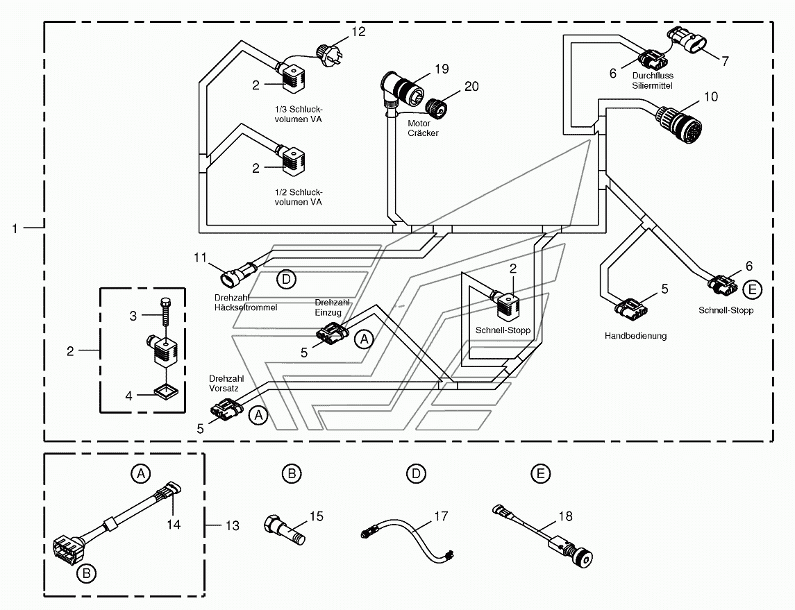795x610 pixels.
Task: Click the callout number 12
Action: [358, 32]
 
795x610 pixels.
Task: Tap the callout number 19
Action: [442, 69]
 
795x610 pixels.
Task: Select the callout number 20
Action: [471, 87]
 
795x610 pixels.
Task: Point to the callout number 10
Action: [711, 96]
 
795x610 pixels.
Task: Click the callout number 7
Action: [725, 61]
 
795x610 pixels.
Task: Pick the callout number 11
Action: [200, 258]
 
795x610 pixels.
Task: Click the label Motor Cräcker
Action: [423, 128]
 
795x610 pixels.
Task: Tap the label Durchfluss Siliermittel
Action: [653, 81]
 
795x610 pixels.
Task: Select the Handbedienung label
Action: [635, 336]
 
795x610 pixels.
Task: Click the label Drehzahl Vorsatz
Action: [226, 384]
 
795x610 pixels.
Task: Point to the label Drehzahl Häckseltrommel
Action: [245, 303]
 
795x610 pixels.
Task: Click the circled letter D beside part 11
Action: [287, 279]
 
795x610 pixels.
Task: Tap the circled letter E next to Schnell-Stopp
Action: [752, 289]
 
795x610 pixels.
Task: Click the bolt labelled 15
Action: [285, 529]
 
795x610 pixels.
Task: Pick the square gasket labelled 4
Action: [166, 391]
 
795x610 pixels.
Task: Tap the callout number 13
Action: [232, 526]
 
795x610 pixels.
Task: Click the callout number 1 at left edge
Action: [15, 228]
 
